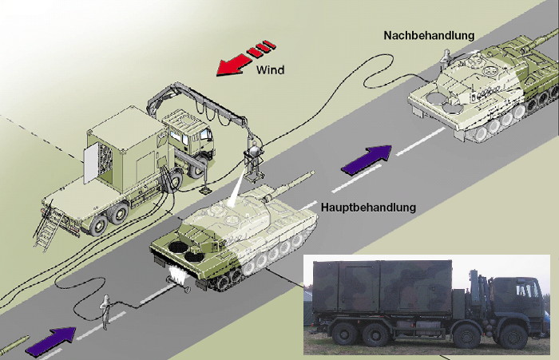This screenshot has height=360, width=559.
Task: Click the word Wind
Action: coord(270,69)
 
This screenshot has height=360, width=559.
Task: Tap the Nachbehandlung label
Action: coord(430,35)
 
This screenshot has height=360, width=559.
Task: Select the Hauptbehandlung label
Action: coord(369,207)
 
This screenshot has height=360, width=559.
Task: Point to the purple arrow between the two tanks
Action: coord(366,160)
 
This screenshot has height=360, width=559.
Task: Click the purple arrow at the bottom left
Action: coord(51,342)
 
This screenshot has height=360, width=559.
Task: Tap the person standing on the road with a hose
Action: coord(105,312)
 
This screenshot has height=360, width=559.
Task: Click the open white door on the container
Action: coord(90,165)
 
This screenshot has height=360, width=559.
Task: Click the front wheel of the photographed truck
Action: coord(513,337)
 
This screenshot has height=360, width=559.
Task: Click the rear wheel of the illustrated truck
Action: coord(98,226)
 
